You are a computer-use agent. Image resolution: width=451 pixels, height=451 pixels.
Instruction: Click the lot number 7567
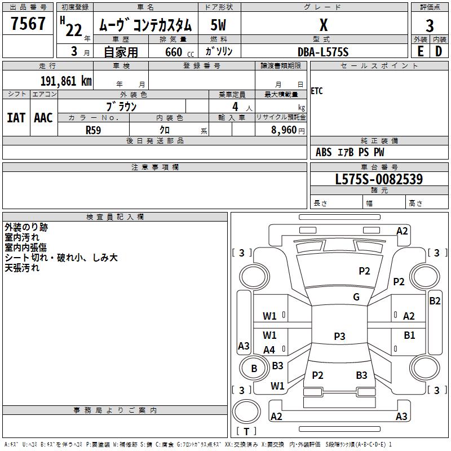tap(28, 24)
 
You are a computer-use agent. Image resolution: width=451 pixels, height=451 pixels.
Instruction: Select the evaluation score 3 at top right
tap(430, 25)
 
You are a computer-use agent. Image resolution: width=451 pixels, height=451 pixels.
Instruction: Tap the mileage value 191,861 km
tap(65, 81)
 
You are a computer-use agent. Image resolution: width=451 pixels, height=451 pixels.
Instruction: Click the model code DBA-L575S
tap(323, 52)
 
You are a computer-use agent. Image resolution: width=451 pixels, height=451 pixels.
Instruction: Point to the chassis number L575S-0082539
tap(378, 179)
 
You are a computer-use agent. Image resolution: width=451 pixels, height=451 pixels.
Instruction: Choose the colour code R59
tap(94, 130)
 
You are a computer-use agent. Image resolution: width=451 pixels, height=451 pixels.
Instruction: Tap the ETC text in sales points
tap(317, 91)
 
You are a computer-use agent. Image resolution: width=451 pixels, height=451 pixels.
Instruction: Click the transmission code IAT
tap(16, 118)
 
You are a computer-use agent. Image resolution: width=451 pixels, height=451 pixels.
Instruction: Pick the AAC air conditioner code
tap(43, 118)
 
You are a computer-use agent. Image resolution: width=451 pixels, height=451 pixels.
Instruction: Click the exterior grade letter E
tap(420, 51)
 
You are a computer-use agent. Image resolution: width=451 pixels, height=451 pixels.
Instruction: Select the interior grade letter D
tap(439, 51)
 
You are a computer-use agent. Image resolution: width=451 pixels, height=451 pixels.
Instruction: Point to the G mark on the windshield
tap(356, 297)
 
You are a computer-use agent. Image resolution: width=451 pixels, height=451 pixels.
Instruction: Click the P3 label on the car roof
tap(339, 336)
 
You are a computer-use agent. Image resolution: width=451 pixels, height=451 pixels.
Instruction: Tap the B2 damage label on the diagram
tap(435, 301)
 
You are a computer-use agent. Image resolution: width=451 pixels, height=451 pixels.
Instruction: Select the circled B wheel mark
tap(254, 369)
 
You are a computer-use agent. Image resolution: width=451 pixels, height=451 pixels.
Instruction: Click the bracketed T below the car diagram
tap(246, 431)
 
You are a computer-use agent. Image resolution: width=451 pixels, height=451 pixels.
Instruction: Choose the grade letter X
tap(324, 25)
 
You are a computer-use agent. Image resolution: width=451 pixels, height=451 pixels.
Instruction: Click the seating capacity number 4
tap(235, 106)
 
